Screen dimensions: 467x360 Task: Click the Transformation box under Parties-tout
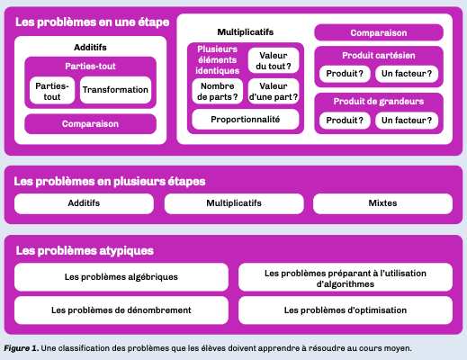(x=115, y=90)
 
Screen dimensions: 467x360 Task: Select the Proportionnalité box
(x=246, y=120)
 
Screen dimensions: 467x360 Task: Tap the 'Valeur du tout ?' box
(x=274, y=60)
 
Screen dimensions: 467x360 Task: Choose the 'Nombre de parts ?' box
(x=218, y=91)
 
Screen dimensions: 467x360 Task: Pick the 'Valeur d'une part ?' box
(x=274, y=91)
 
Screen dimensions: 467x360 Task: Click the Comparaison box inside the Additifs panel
(x=90, y=124)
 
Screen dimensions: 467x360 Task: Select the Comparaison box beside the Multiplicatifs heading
(x=379, y=32)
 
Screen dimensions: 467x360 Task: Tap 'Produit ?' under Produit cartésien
(x=345, y=74)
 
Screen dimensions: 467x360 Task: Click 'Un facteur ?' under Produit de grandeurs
(x=407, y=121)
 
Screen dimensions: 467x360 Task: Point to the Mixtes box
(x=382, y=203)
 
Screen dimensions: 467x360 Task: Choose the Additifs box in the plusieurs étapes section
(x=84, y=203)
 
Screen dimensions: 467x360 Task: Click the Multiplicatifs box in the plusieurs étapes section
(x=234, y=203)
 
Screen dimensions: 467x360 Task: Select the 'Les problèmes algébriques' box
(x=121, y=277)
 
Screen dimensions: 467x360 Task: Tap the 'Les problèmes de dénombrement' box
(x=121, y=310)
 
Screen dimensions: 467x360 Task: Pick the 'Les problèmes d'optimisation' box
(x=346, y=310)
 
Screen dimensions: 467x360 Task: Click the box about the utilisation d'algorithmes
(x=346, y=277)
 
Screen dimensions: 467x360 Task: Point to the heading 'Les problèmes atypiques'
(x=85, y=251)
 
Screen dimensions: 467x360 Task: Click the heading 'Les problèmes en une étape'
(x=93, y=22)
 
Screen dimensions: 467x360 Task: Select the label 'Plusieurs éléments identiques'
(x=218, y=60)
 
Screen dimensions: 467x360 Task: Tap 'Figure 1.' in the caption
(x=21, y=348)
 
